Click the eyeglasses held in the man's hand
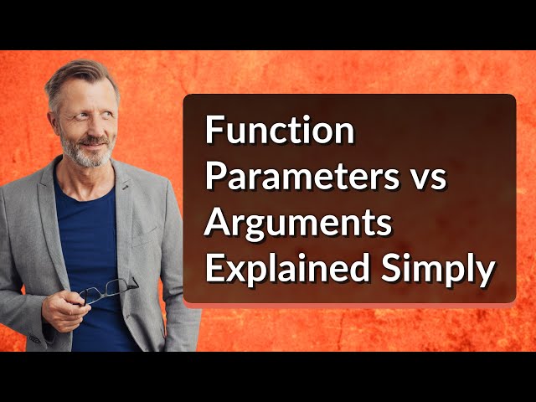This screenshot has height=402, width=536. [x=107, y=290]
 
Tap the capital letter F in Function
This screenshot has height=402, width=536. [x=213, y=131]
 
